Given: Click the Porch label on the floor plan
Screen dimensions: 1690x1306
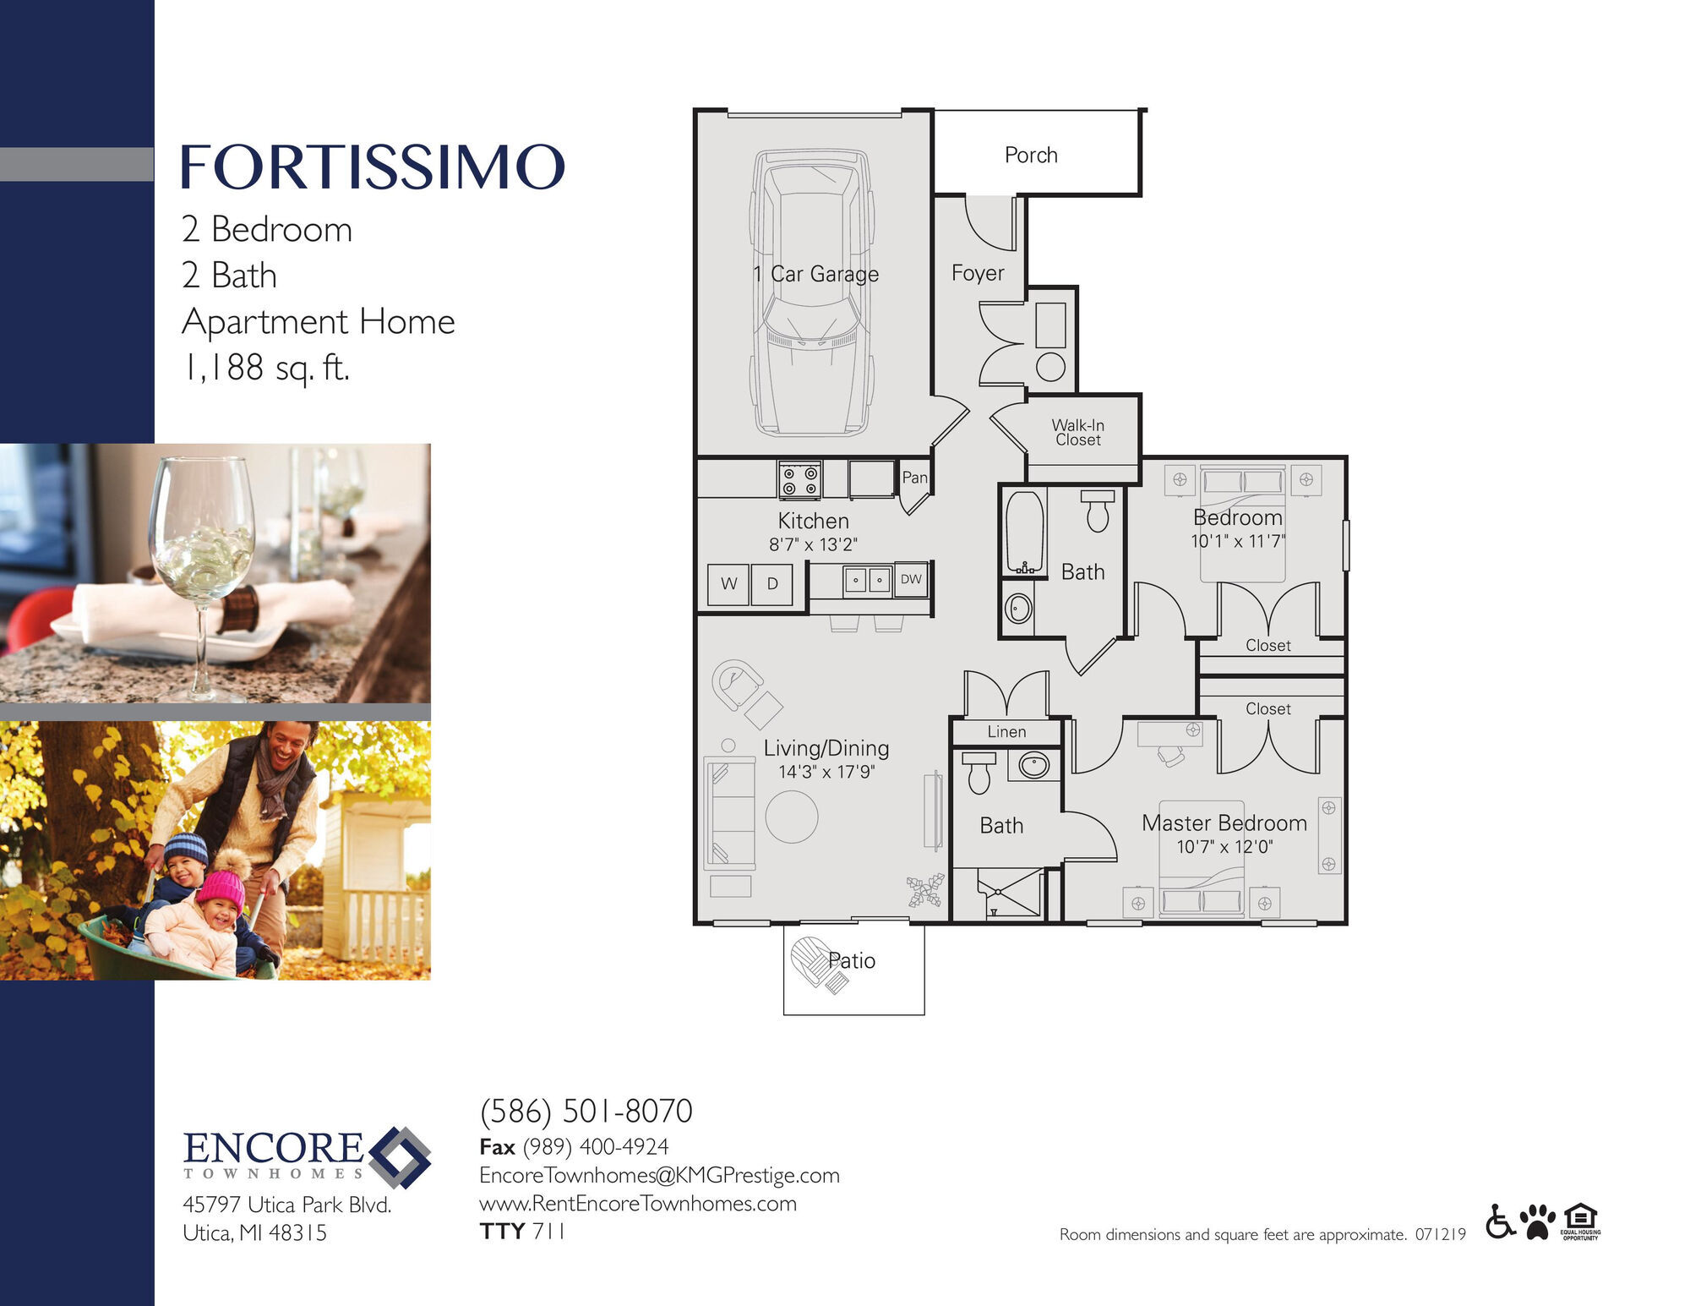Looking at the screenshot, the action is [x=1031, y=156].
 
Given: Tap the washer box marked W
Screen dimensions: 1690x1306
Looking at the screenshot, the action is [x=728, y=584].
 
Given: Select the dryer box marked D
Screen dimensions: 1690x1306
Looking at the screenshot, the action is [x=772, y=584].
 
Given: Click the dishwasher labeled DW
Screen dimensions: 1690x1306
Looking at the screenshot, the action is [x=911, y=580].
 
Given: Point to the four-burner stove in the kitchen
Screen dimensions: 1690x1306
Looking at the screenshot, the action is [x=799, y=480].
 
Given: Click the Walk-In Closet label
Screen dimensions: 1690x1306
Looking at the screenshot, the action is [x=1078, y=432].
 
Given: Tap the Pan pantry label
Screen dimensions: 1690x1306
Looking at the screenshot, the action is [x=914, y=478].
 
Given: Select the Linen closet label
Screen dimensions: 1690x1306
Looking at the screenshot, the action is [x=1006, y=732].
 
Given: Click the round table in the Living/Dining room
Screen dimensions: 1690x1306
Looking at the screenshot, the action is [x=792, y=817].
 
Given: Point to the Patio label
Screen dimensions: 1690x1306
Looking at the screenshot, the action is [x=852, y=961].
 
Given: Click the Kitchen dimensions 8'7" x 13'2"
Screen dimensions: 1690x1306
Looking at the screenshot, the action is [x=813, y=545].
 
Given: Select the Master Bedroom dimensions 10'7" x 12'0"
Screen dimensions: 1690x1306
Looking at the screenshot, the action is [x=1224, y=847].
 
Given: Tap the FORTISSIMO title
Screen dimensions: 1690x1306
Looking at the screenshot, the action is [x=372, y=167].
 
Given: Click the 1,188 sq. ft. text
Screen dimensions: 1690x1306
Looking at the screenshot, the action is [x=266, y=368].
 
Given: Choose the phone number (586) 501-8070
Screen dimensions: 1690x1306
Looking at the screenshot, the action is [x=586, y=1111].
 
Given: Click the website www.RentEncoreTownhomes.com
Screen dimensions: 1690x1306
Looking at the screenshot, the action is [x=638, y=1204].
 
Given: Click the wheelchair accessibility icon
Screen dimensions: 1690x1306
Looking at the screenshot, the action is [x=1501, y=1221].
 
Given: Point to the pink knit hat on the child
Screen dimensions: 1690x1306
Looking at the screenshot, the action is [x=221, y=889].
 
